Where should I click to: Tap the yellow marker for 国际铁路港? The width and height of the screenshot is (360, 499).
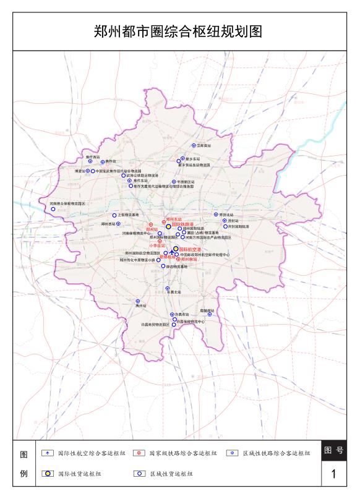click(x=168, y=227)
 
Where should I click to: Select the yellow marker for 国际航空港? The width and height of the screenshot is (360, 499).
click(x=176, y=249)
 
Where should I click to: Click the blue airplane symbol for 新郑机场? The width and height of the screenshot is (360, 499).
click(x=171, y=254)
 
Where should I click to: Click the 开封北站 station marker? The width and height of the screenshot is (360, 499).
click(x=216, y=215)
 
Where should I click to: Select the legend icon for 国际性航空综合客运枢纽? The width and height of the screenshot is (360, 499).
click(x=46, y=453)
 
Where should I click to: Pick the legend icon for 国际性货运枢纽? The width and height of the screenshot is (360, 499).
click(x=46, y=474)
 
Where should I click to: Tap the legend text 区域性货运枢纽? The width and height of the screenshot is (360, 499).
click(x=171, y=474)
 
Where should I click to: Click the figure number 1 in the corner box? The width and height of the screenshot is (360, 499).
click(x=334, y=474)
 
